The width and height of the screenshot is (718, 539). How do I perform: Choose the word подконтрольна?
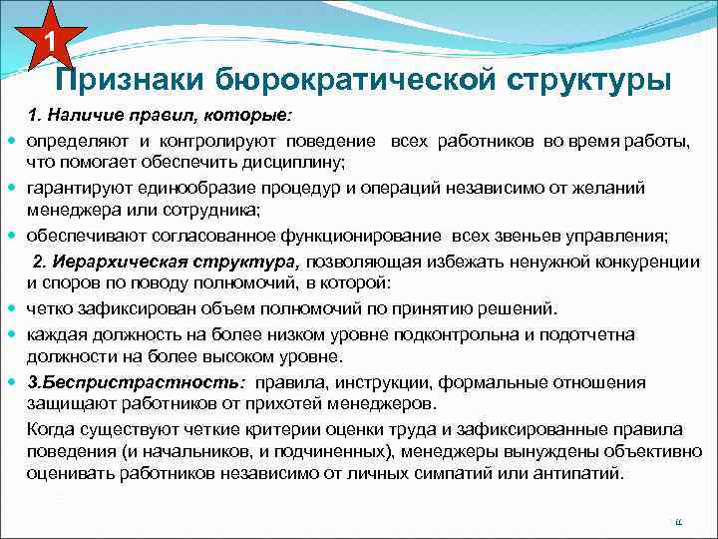coord(458,334)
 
